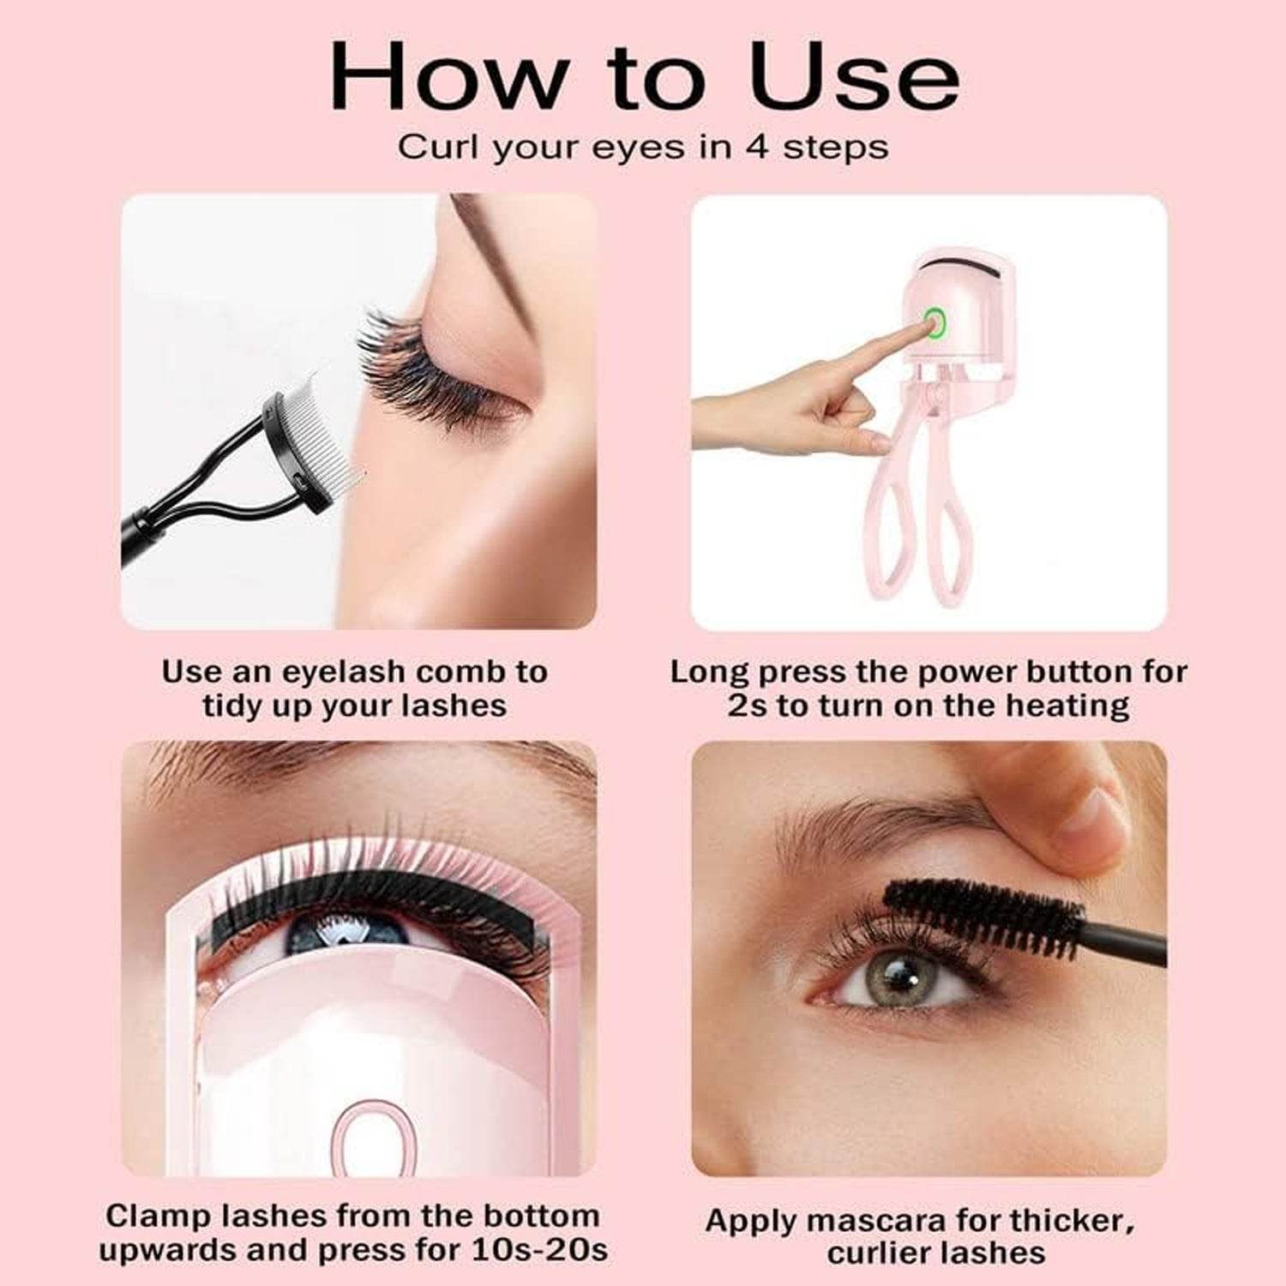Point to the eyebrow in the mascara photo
pyautogui.click(x=866, y=819)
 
